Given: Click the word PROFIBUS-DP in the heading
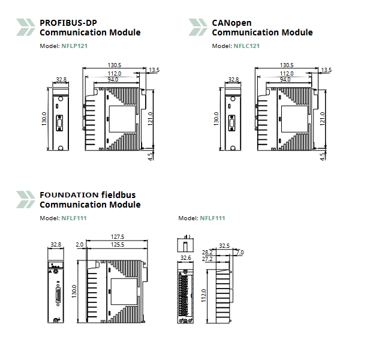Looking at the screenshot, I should [68, 23].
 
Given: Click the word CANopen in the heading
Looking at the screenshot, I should [231, 23].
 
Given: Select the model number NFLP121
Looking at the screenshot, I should [74, 46].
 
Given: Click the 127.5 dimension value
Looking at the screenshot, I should [117, 236].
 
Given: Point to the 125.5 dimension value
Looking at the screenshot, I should [117, 244].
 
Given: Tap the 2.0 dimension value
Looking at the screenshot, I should [80, 244].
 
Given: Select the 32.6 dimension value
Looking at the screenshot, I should [186, 257].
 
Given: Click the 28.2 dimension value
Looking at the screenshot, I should [207, 253].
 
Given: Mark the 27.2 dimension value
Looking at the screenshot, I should [207, 259].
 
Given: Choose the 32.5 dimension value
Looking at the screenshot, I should [224, 245].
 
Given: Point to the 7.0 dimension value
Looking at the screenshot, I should [240, 253].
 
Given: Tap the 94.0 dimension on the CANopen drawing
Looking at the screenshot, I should [285, 79].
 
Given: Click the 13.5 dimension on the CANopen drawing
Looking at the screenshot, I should [326, 70].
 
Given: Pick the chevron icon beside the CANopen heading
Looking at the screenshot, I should [198, 27].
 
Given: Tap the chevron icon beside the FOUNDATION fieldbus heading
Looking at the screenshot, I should [25, 199].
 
